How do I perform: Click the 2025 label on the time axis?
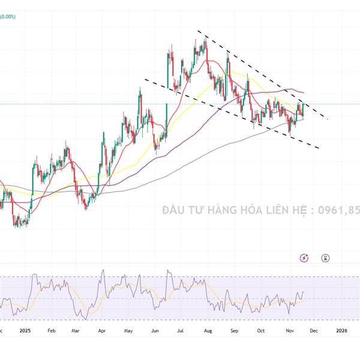click(25, 330)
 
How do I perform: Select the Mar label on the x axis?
click(76, 330)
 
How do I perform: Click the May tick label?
click(128, 330)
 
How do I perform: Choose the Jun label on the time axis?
click(154, 330)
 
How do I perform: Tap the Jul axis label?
click(180, 330)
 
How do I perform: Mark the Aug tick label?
click(207, 330)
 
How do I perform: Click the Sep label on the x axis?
click(234, 330)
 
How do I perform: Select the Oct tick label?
click(260, 330)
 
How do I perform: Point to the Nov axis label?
click(289, 330)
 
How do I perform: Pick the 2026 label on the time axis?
click(341, 330)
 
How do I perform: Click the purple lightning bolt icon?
click(304, 258)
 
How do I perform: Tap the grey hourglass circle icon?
click(325, 258)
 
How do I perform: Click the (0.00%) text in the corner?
click(8, 17)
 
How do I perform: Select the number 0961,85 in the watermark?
click(339, 211)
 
